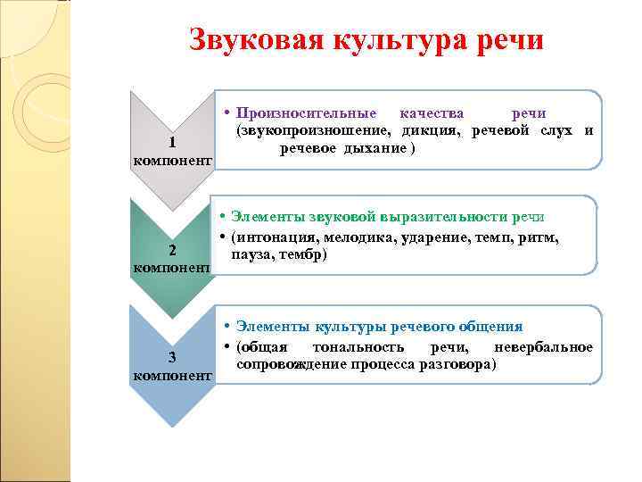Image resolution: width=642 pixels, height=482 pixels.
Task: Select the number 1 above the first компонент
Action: click(172, 144)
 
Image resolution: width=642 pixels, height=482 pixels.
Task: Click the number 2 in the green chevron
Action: click(172, 250)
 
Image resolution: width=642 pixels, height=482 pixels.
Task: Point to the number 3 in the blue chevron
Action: click(172, 359)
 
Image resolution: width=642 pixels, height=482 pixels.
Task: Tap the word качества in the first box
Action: click(432, 113)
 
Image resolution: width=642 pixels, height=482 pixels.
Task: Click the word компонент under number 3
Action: click(172, 377)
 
